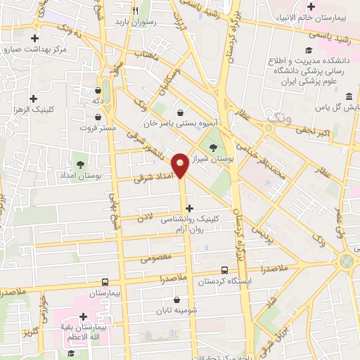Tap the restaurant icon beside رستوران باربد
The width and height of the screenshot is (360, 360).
pyautogui.click(x=135, y=11)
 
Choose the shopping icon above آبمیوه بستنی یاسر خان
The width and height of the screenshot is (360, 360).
pyautogui.click(x=181, y=112)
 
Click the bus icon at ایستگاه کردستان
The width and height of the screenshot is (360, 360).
pyautogui.click(x=224, y=269)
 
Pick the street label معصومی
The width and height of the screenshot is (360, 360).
pyautogui.click(x=156, y=258)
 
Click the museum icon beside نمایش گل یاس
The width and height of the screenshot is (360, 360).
pyautogui.click(x=349, y=95)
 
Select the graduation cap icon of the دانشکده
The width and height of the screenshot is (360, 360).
pyautogui.click(x=307, y=49)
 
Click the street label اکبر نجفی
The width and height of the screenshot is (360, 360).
pyautogui.click(x=310, y=131)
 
